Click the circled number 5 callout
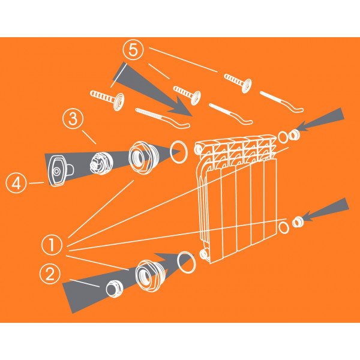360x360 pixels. click(133, 50)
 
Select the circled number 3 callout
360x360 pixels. click(73, 119)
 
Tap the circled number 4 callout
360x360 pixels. click(16, 183)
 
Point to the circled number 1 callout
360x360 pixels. click(52, 245)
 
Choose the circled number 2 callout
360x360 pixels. click(50, 274)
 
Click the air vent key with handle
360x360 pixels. click(60, 170)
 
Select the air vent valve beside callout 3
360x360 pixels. click(101, 163)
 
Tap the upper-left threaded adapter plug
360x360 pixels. click(143, 157)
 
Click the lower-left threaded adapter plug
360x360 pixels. click(149, 276)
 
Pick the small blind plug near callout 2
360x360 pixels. click(115, 289)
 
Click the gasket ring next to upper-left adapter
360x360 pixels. click(179, 152)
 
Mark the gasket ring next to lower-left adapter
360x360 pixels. click(187, 262)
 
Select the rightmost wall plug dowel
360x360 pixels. click(238, 83)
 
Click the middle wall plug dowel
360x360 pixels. click(187, 95)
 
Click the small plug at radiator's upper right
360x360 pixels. click(294, 135)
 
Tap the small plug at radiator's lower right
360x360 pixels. click(298, 222)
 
